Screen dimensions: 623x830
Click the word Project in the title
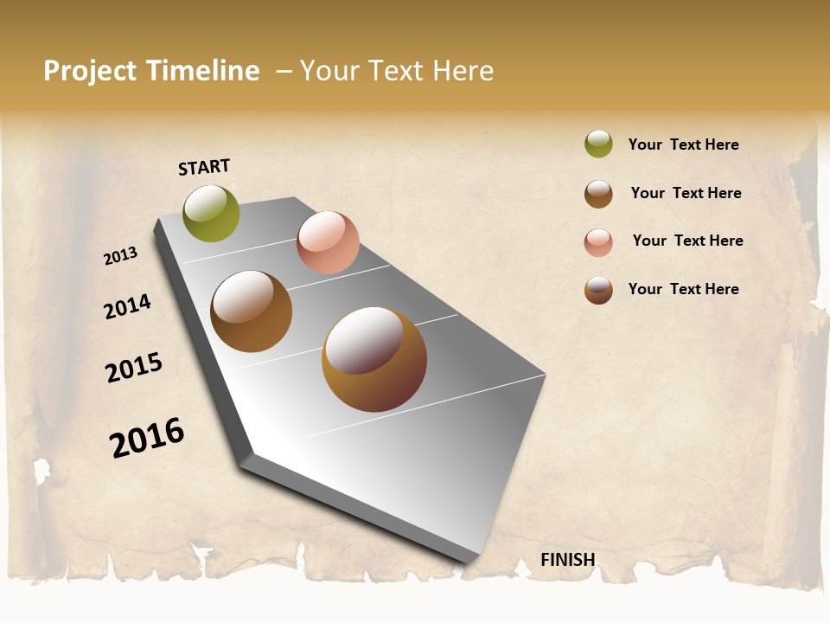coord(89,71)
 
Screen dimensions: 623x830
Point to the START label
coord(204,167)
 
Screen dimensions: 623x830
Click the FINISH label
coord(568,560)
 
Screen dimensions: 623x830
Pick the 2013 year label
coord(121,256)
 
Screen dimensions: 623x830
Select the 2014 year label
coord(128,306)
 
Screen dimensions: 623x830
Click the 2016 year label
coord(147,438)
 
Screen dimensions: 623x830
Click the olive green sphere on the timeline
coord(212,214)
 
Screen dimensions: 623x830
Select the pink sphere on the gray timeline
coord(328,242)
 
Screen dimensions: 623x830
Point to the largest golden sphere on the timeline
coord(374,359)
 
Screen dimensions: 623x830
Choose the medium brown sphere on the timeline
coord(252,311)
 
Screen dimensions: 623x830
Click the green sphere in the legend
coord(598,145)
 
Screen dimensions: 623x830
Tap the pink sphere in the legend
coord(598,242)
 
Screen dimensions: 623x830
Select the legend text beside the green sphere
coord(683,145)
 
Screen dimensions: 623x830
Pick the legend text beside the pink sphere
coord(687,241)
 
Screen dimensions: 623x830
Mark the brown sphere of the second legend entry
coord(598,194)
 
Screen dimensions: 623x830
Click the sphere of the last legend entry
coord(598,290)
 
